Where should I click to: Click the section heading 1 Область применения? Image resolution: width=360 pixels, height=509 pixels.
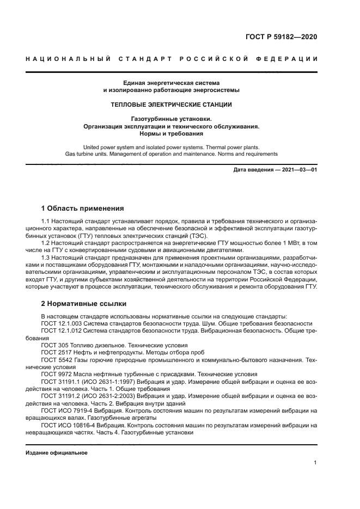coord(83,208)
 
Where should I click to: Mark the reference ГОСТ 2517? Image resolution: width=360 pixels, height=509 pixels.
coord(56,352)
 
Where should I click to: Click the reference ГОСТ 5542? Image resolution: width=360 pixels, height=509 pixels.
coord(56,360)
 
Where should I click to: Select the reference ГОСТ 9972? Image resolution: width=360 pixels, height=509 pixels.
coord(56,374)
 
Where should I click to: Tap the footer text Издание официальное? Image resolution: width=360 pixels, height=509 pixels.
coord(56,453)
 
